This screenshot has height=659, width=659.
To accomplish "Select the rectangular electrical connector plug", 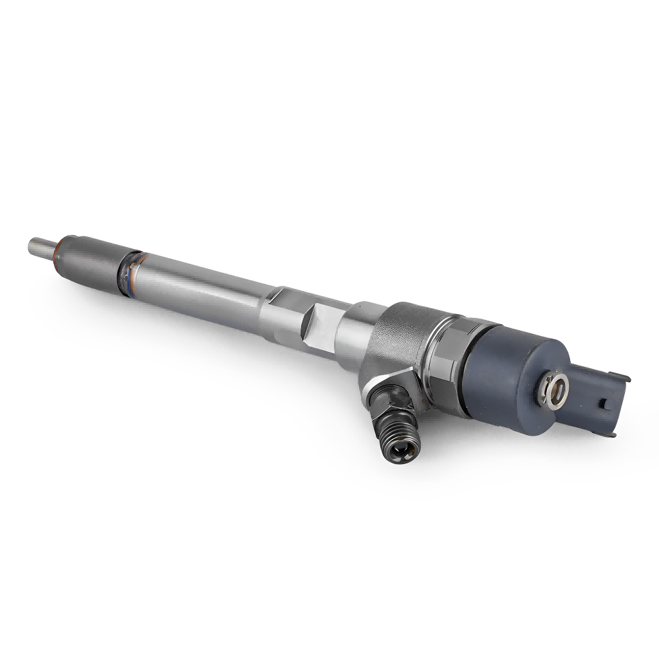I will [602, 402].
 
